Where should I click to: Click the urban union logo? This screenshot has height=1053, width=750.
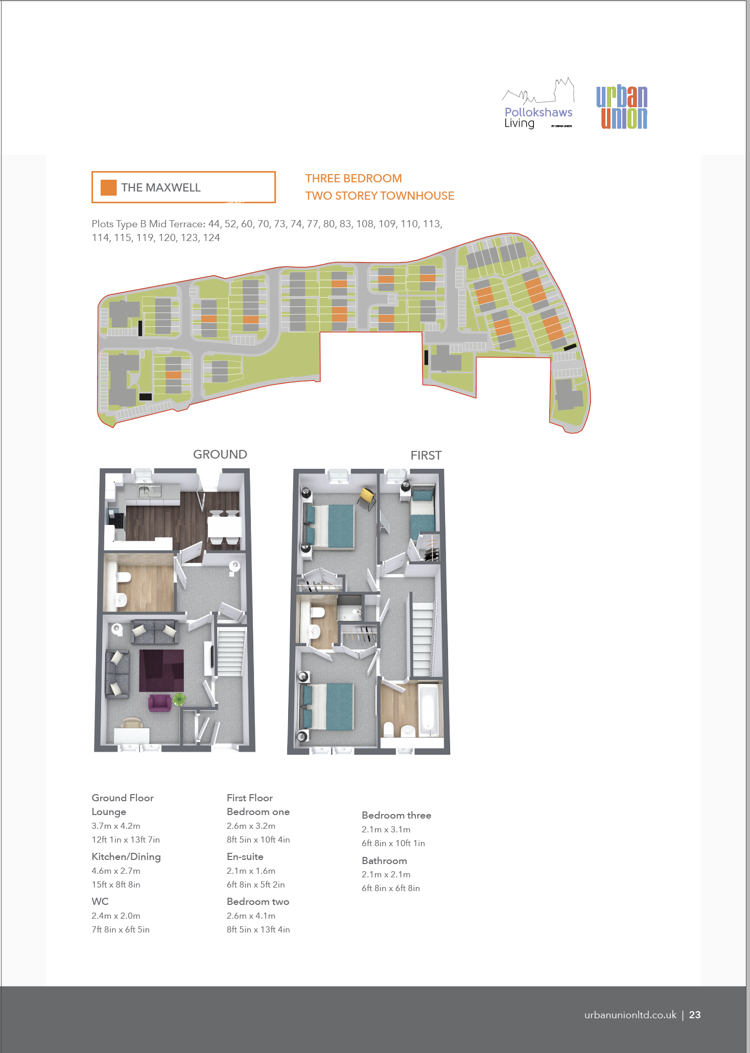point(622,107)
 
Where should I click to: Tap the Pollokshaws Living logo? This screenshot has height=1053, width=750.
point(538,104)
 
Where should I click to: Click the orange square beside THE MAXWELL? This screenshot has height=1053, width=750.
point(109,187)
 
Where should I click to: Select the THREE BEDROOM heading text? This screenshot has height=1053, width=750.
point(354,178)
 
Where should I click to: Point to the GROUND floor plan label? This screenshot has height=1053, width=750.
point(220,454)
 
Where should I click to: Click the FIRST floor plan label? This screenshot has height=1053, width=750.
point(426,456)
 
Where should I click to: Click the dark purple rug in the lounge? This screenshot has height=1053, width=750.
point(161,671)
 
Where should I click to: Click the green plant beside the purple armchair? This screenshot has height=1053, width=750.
point(179,699)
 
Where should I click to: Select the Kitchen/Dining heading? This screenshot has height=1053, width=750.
point(126,857)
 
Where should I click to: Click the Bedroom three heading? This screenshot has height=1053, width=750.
point(396,816)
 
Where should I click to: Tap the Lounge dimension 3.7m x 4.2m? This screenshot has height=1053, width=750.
point(116,826)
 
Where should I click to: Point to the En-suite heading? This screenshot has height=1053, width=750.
point(245,856)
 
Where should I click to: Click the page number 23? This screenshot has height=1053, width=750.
point(695,1015)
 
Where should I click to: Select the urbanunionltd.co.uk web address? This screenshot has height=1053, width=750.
point(630,1015)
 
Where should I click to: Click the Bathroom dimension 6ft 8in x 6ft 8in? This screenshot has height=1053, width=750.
point(391,888)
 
